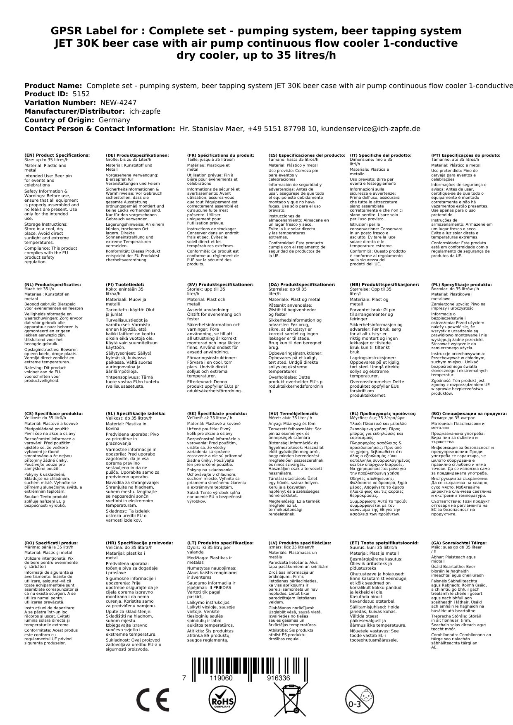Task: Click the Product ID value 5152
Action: [81, 94]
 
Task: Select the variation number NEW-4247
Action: [118, 103]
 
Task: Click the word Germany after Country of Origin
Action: [114, 120]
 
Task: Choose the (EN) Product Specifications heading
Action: [57, 155]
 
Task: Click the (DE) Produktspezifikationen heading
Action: [137, 155]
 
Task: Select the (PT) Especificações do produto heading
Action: [465, 155]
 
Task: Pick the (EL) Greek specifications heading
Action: [383, 414]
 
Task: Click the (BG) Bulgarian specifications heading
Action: [469, 414]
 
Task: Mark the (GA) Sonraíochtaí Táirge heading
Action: [459, 543]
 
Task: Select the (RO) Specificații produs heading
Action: [51, 543]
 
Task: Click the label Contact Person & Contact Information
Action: [100, 129]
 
